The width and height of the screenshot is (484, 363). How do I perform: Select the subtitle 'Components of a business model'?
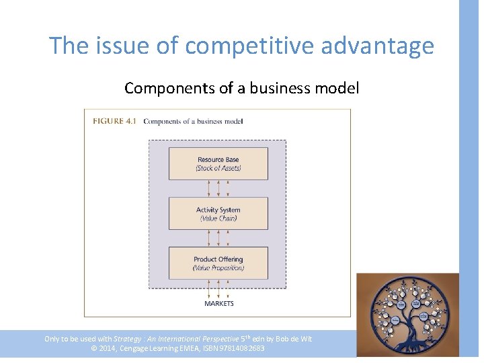[x=242, y=88]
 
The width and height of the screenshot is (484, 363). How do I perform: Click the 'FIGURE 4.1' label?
[x=114, y=122]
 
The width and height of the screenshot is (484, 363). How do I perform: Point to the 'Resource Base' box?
[x=218, y=163]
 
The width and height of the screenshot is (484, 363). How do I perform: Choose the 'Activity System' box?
[x=218, y=214]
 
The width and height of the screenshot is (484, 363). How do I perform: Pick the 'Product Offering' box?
[x=218, y=263]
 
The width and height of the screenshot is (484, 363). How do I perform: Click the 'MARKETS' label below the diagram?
[x=218, y=304]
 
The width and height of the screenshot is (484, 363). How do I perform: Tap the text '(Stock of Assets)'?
[x=218, y=168]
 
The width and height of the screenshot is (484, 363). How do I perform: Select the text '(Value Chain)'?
[x=218, y=218]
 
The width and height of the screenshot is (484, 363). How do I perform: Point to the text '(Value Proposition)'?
[x=218, y=268]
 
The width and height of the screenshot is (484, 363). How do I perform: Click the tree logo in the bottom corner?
[x=407, y=315]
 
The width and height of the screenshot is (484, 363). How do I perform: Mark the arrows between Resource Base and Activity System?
[x=218, y=188]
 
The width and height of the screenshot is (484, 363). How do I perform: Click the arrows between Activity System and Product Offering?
[x=218, y=238]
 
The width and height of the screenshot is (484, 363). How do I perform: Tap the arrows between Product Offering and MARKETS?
[x=218, y=289]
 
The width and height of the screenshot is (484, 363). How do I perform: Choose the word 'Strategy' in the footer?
[x=128, y=339]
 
